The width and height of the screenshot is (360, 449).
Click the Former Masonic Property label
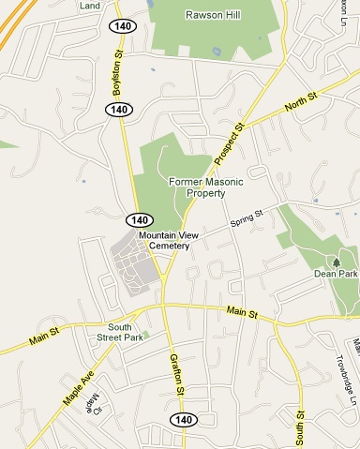coord(197,187)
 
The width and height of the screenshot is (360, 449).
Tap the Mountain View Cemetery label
coord(163,240)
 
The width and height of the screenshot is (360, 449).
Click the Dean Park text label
coord(336,274)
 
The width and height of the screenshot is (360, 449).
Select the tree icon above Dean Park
coord(336,261)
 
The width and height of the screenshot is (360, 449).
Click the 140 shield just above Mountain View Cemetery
coord(138,218)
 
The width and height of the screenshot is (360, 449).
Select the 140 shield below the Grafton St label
coord(183,418)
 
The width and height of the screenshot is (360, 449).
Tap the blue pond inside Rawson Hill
coord(218,51)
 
